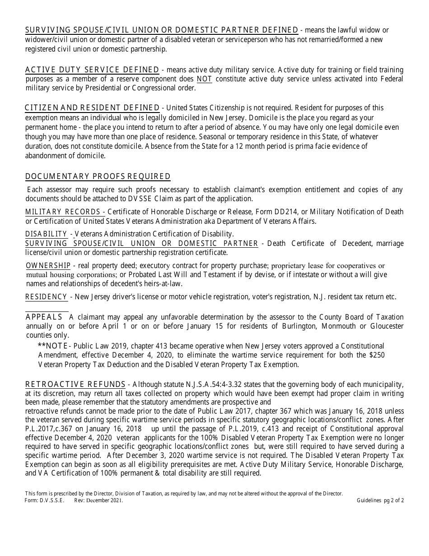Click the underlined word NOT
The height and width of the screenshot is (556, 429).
(x=204, y=79)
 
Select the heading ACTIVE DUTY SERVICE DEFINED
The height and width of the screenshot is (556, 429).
(x=92, y=70)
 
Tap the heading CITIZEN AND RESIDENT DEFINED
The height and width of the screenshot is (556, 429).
(x=92, y=108)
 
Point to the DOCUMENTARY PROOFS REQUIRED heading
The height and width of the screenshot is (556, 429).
(x=98, y=176)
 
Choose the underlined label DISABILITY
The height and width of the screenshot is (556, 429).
(x=46, y=234)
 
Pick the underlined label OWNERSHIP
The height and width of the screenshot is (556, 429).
(x=48, y=265)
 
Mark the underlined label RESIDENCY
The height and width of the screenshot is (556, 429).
(x=47, y=297)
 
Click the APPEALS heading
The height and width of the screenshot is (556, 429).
(x=44, y=316)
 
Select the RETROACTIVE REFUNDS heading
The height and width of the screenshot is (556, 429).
(x=75, y=384)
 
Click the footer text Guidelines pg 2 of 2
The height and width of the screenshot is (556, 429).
(x=380, y=500)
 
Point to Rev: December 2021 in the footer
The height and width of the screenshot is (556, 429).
(x=98, y=500)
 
